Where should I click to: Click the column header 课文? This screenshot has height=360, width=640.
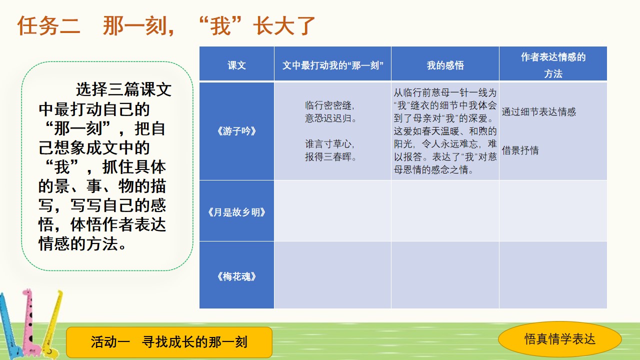tap(236, 65)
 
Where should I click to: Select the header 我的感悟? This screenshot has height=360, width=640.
tap(445, 65)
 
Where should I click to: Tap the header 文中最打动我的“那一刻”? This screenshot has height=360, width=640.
tap(332, 65)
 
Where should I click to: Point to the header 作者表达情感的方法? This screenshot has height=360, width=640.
tap(553, 65)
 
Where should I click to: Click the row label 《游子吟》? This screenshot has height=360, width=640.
tap(236, 131)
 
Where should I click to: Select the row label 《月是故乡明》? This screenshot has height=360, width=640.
tap(236, 212)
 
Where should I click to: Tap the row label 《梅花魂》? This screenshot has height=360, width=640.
tap(236, 276)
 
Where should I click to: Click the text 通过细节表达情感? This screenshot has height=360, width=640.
tap(538, 111)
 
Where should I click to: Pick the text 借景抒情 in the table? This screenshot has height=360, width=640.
tap(520, 150)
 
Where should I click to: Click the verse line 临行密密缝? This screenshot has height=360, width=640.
tap(329, 105)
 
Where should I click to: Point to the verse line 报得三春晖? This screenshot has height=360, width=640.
tap(330, 156)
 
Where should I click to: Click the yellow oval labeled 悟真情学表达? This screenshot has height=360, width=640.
tap(559, 339)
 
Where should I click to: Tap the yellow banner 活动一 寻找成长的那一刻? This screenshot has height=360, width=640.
tap(169, 342)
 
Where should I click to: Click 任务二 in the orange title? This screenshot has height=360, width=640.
tap(48, 25)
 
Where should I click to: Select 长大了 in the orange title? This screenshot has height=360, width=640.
tap(284, 25)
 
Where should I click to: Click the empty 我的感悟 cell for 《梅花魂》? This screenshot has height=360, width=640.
tap(445, 275)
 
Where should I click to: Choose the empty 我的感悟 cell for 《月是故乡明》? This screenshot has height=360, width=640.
tap(445, 211)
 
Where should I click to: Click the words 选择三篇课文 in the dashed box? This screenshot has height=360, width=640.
tap(123, 89)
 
